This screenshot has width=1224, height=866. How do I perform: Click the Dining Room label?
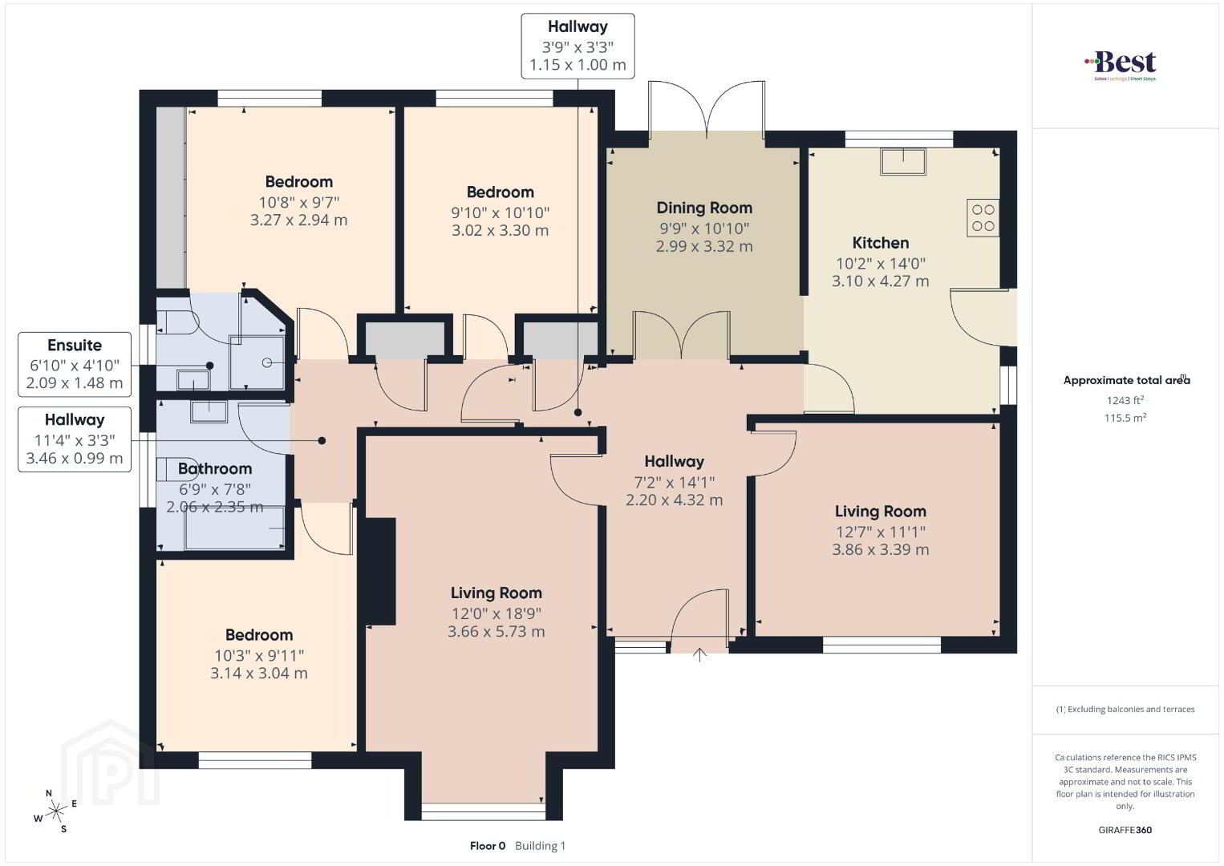point(704,208)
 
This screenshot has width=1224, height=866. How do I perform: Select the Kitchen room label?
point(880,243)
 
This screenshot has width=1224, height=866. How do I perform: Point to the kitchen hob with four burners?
point(983,218)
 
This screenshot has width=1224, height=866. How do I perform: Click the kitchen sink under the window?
point(903,161)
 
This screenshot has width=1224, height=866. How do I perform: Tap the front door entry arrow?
point(699,655)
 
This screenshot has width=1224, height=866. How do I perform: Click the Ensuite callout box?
point(75,364)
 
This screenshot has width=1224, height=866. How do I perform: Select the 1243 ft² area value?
point(1125,400)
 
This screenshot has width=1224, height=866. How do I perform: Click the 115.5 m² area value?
point(1125,418)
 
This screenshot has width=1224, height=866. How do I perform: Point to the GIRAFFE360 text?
point(1125,830)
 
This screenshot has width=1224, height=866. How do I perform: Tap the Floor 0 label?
point(488,846)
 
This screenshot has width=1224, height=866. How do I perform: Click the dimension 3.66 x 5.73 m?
point(496,632)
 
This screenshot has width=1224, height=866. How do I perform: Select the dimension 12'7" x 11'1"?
point(880,532)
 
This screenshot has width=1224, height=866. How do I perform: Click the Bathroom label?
point(215,469)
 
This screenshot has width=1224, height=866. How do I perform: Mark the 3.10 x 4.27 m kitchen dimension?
point(880,281)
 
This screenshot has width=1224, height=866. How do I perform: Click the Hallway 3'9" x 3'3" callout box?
point(578,47)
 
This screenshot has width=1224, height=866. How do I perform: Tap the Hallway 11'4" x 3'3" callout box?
point(75,439)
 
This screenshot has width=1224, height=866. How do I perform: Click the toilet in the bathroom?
point(169,469)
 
